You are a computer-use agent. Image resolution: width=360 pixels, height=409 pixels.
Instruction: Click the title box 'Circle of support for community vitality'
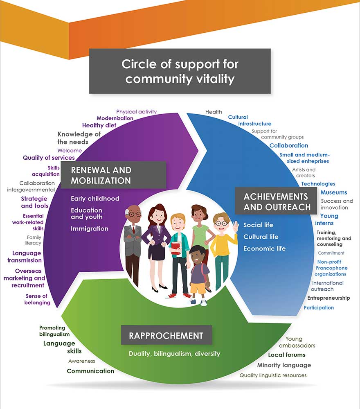180,71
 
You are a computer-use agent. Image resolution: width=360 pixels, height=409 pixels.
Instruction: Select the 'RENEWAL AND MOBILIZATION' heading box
113,175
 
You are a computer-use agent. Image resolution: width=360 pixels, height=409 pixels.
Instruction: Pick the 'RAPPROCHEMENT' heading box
166,336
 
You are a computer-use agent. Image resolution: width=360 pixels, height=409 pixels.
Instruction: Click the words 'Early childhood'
95,199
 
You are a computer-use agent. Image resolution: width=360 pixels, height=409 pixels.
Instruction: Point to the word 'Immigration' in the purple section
90,228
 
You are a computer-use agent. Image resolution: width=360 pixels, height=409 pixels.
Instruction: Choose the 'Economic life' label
264,249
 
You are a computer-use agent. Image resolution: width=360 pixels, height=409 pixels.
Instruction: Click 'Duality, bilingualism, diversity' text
174,353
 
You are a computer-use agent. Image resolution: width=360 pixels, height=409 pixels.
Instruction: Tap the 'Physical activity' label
136,111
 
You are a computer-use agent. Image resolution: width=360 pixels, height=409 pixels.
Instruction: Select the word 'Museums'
333,192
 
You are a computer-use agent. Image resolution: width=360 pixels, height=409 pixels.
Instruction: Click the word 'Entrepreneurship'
328,298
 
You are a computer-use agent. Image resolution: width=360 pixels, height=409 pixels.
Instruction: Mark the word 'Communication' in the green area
90,371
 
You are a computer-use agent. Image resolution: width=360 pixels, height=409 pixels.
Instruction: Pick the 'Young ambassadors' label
300,342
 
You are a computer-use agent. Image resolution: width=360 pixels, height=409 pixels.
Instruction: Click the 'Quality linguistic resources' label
273,375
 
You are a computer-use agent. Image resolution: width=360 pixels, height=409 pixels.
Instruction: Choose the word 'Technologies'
318,184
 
